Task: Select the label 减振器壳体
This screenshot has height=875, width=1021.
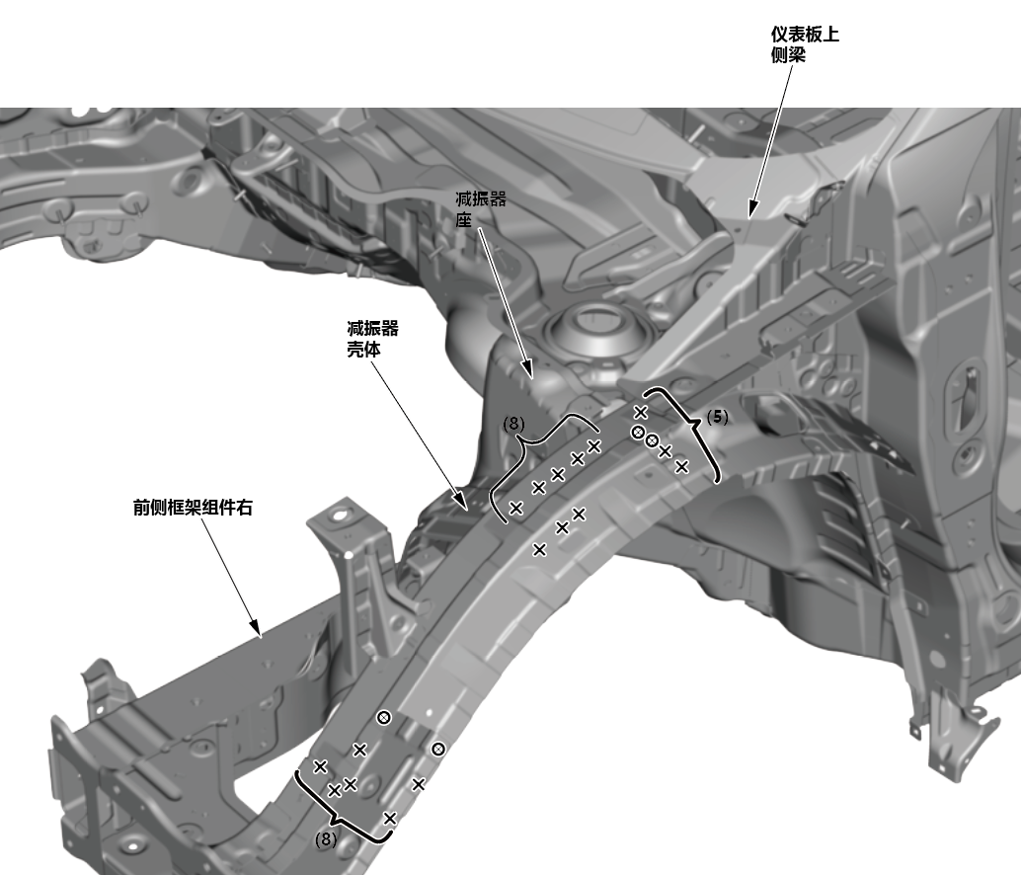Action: click(x=372, y=339)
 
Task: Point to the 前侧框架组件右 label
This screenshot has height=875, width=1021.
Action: click(x=199, y=508)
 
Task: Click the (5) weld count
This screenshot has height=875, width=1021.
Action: click(x=718, y=418)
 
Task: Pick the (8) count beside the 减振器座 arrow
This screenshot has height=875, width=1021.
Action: click(x=513, y=423)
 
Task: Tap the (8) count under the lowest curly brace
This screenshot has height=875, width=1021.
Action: click(x=326, y=839)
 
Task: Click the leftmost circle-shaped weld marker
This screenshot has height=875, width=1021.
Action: click(x=383, y=717)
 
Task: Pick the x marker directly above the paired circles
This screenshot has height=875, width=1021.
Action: click(x=640, y=412)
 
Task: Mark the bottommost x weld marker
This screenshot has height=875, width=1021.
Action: click(x=390, y=818)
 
